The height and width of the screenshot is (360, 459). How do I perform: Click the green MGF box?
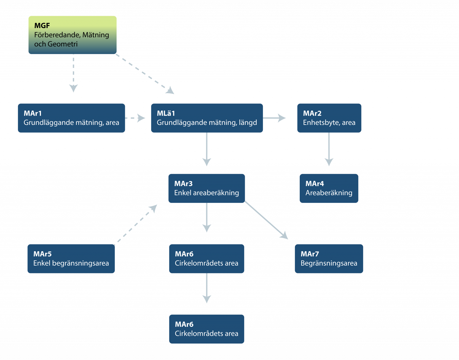(72, 35)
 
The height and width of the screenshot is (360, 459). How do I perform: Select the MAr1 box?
(71, 118)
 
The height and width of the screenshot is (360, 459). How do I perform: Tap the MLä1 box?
(207, 118)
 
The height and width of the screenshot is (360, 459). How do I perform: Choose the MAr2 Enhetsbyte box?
(329, 118)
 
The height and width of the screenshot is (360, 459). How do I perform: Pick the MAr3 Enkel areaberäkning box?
(207, 188)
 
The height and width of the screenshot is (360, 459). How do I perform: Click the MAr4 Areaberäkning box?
(329, 188)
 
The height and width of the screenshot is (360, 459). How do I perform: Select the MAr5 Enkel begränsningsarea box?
(71, 259)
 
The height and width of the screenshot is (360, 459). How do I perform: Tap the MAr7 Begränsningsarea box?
(329, 259)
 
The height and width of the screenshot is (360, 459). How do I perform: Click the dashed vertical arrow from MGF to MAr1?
(74, 73)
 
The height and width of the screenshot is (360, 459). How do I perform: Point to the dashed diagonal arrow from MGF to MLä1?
(145, 74)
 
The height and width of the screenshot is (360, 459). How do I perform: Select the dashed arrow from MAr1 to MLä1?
(135, 118)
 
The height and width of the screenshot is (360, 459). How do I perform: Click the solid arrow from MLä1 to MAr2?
(274, 118)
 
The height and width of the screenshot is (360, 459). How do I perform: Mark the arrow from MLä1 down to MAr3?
(207, 149)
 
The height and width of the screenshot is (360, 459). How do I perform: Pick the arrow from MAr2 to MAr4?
(329, 149)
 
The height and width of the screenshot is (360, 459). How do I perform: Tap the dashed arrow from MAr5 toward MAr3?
(136, 225)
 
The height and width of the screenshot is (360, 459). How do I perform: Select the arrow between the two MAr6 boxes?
(207, 288)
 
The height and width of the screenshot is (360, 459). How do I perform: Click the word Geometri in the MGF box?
(63, 44)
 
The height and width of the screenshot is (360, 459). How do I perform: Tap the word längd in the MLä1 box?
(248, 123)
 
